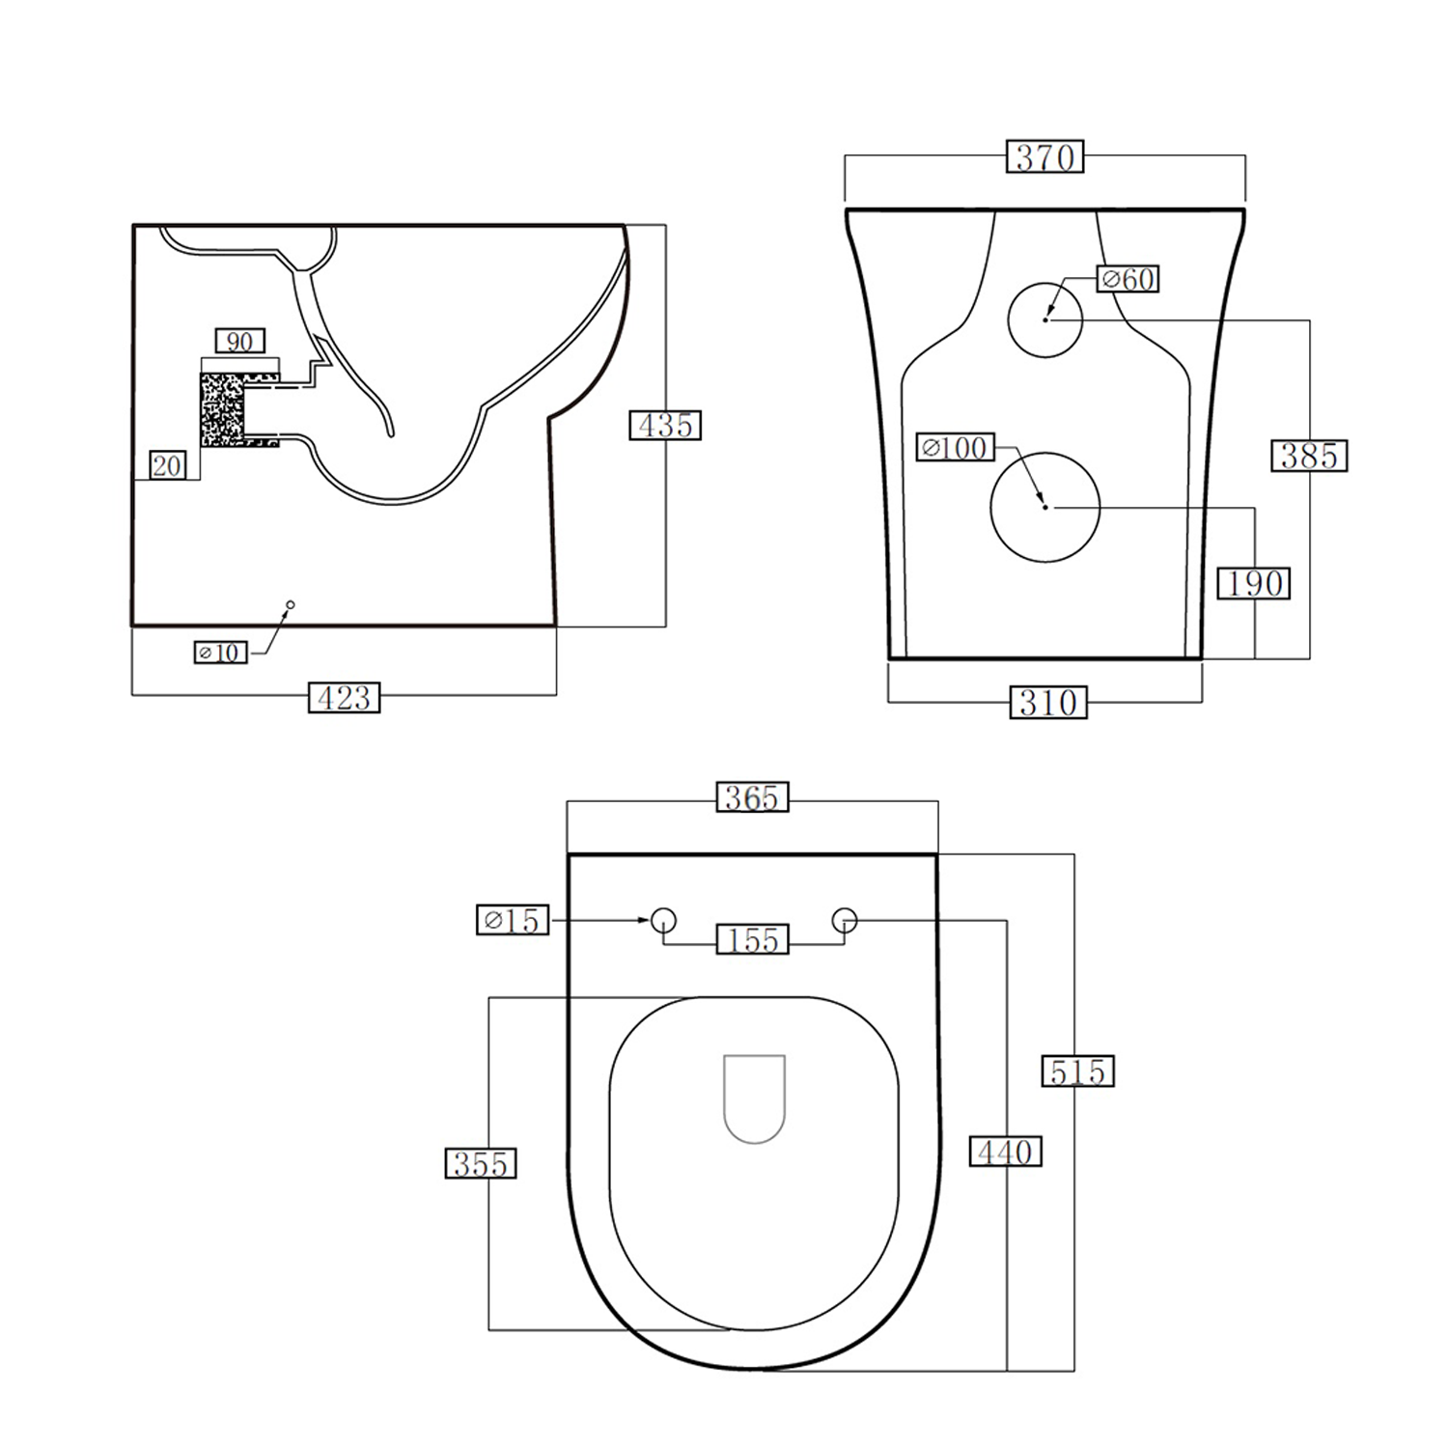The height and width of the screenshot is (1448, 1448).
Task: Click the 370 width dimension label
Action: (x=1045, y=156)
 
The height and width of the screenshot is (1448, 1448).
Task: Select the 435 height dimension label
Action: (x=665, y=425)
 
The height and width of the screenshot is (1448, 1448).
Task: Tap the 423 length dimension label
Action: (x=345, y=698)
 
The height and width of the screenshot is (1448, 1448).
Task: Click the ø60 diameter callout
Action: (x=1128, y=279)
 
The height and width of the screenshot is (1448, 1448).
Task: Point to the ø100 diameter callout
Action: (x=955, y=448)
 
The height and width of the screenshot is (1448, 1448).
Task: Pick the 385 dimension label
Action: (x=1309, y=456)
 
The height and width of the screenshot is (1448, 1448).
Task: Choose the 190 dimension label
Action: (x=1254, y=583)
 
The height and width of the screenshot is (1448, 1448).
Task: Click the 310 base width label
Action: (x=1048, y=703)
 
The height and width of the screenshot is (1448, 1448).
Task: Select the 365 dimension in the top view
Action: (x=752, y=797)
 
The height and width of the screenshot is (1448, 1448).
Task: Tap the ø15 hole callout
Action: (x=513, y=920)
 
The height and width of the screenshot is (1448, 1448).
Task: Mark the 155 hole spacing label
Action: (x=753, y=939)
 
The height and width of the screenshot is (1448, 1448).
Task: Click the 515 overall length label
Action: (x=1077, y=1072)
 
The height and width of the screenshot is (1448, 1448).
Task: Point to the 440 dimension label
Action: (x=1006, y=1152)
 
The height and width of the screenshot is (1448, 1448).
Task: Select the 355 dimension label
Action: (x=481, y=1164)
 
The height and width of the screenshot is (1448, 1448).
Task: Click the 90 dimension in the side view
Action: (x=239, y=341)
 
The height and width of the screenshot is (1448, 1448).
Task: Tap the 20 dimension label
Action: (x=167, y=465)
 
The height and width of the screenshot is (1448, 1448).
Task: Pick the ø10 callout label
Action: (x=221, y=653)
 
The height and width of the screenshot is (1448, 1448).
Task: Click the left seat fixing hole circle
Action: (x=663, y=920)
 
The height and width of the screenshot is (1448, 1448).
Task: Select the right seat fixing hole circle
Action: (x=845, y=920)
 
